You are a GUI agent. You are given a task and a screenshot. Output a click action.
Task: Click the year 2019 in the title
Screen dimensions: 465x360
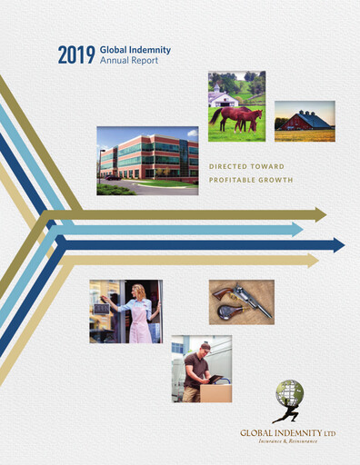pos(75,54)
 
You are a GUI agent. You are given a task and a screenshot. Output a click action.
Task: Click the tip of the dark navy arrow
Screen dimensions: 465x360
pos(343,245)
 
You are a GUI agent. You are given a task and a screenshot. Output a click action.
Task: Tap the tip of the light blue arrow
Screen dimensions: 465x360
pos(302,230)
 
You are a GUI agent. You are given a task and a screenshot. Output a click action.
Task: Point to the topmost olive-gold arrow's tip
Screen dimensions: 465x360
pos(325,214)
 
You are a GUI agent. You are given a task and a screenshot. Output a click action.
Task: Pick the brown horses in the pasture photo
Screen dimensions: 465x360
pos(235,116)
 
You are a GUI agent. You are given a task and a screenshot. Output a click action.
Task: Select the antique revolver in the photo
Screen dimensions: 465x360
pos(242,301)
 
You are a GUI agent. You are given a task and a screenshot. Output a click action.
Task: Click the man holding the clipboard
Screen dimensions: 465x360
pos(201,368)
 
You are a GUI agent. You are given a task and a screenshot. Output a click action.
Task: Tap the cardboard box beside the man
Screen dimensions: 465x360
pos(216,392)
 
